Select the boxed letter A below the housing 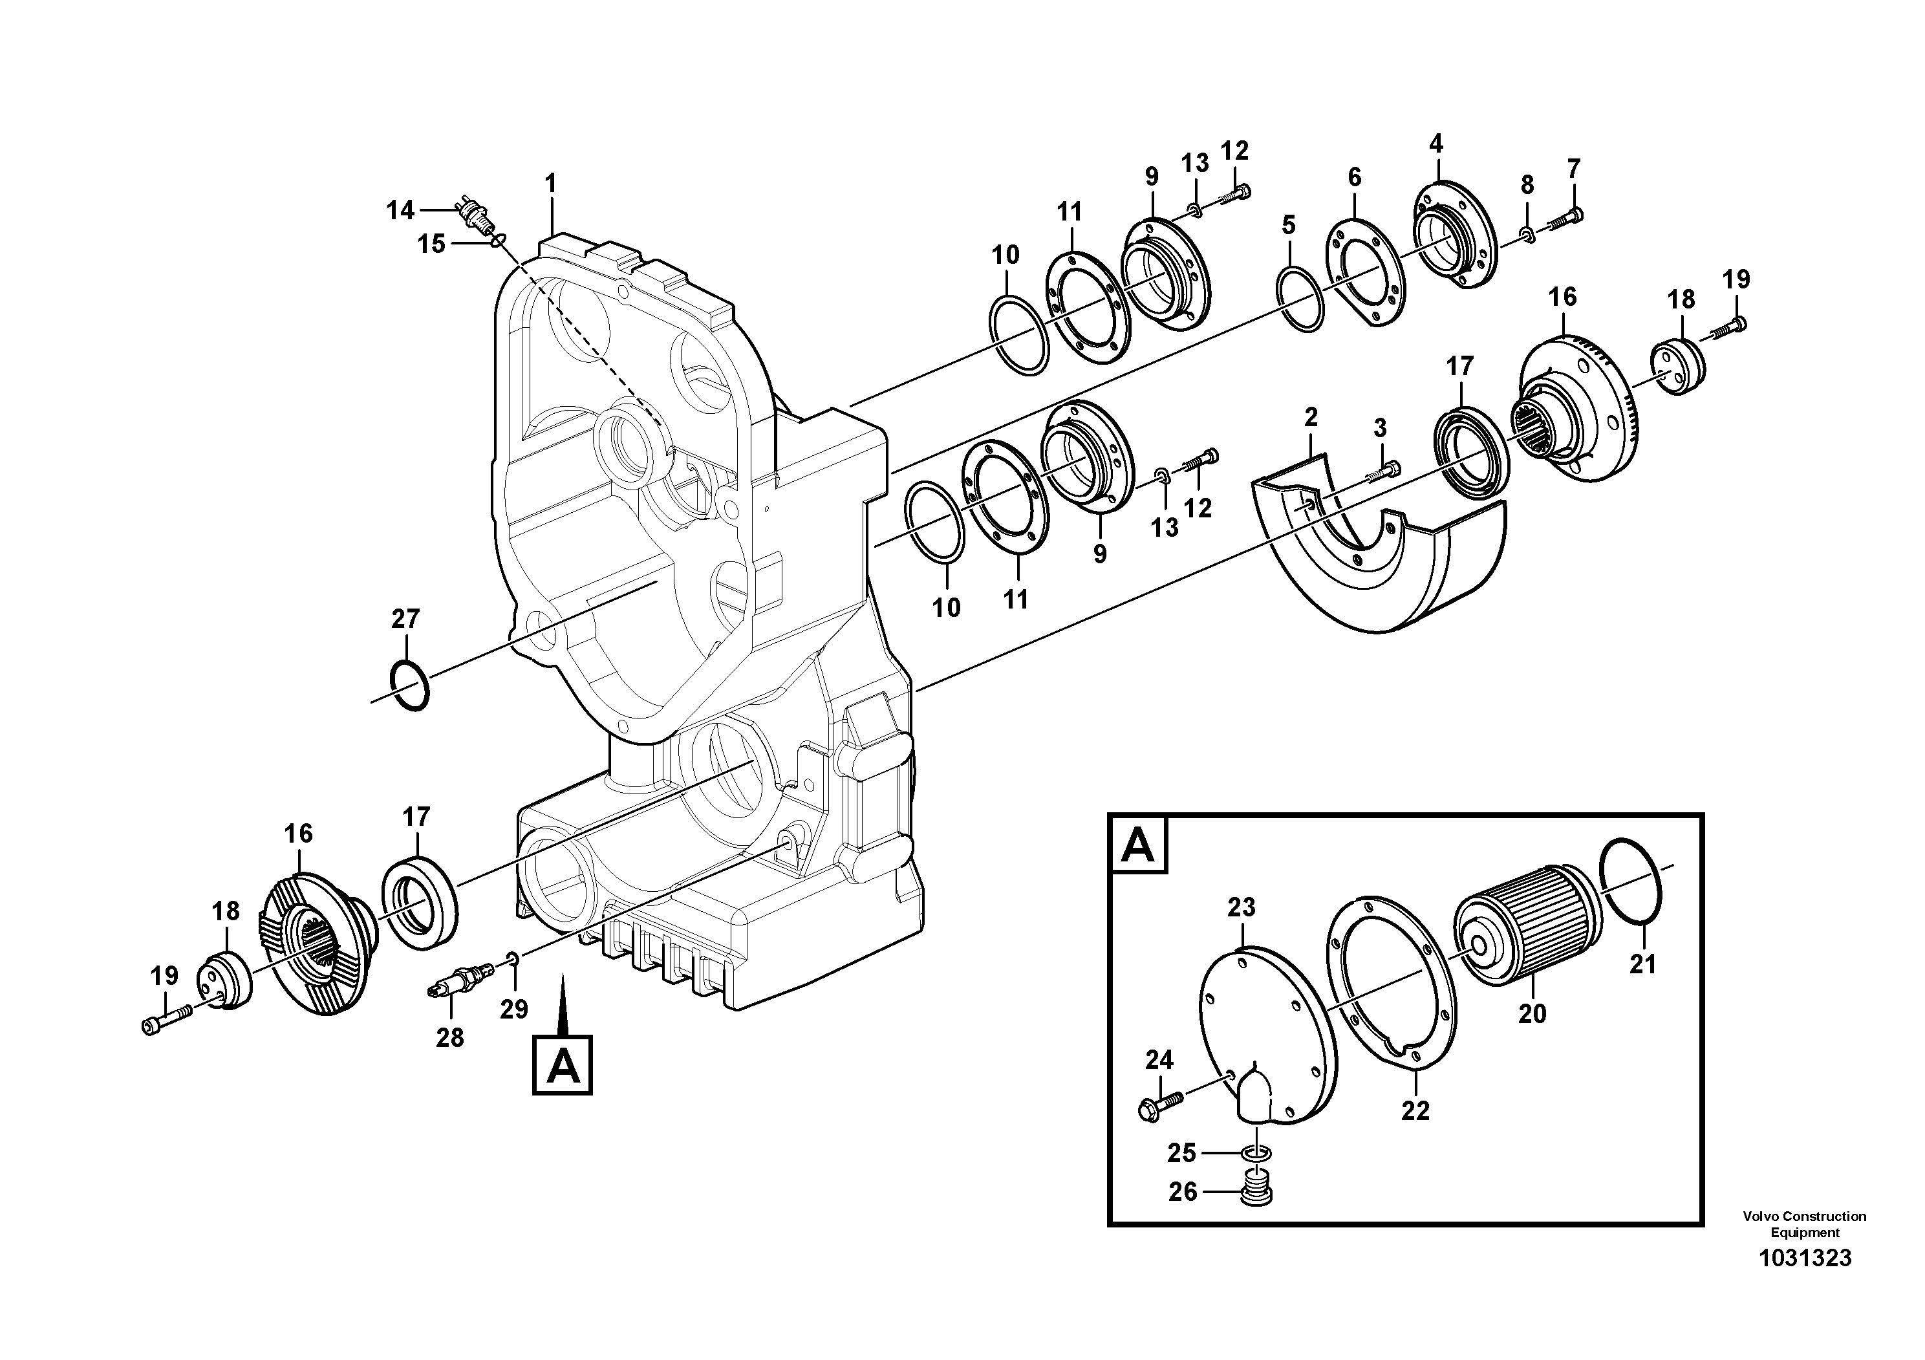[x=563, y=1066]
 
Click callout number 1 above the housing [x=551, y=183]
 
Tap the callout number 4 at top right [x=1436, y=144]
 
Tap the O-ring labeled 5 [x=1300, y=299]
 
